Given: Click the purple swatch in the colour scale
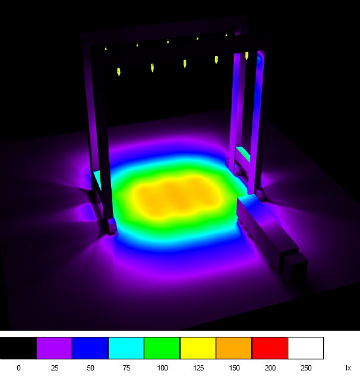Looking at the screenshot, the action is click(x=55, y=348).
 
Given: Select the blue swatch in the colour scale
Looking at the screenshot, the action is click(x=90, y=348).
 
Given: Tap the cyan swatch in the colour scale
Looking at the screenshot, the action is click(x=126, y=348).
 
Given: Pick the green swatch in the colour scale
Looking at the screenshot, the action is click(x=162, y=348).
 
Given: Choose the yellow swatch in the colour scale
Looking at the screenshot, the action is click(x=198, y=348).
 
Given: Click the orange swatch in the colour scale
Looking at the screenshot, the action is click(x=233, y=348).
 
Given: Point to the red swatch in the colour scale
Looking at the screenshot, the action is click(x=270, y=348).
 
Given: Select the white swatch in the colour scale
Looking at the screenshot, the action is click(x=305, y=348).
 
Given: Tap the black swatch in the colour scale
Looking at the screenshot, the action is click(x=18, y=348).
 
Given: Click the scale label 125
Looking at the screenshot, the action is click(x=198, y=368).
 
